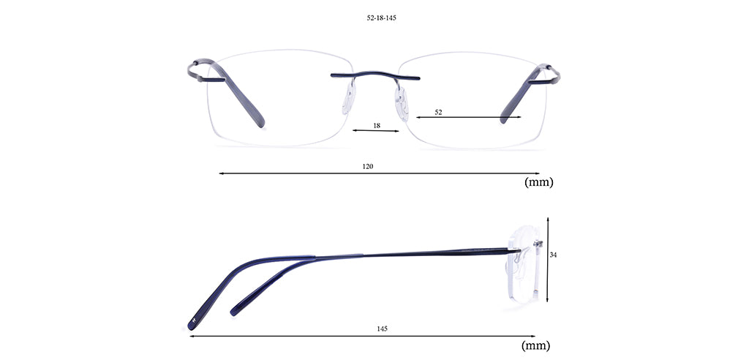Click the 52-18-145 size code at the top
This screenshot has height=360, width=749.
378,18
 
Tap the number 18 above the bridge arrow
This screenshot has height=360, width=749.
377,126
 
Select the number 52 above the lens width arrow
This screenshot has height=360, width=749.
439,113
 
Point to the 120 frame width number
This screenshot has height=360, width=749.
367,166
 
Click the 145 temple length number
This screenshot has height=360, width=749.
382,329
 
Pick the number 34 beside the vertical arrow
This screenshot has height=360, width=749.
553,255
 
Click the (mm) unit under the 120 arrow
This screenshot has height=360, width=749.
539,182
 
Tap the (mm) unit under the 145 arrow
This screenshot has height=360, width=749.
535,345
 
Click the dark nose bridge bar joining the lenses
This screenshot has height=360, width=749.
375,75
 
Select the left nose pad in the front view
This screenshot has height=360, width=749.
349,99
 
